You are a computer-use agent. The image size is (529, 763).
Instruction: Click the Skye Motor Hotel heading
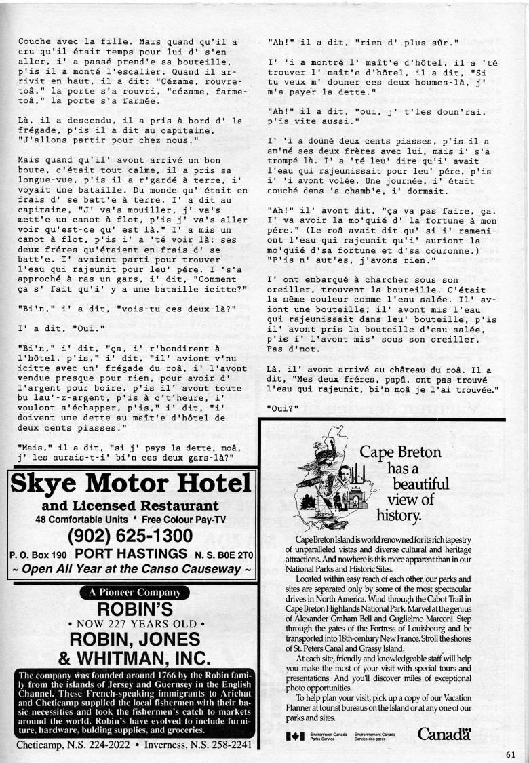click(x=131, y=484)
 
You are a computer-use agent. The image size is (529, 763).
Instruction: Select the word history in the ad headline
click(x=399, y=515)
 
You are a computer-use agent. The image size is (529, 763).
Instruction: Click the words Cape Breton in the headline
click(x=400, y=453)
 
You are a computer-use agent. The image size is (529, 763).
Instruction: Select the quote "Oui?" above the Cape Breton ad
click(x=281, y=408)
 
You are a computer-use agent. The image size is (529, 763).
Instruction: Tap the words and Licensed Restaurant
click(x=131, y=506)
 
